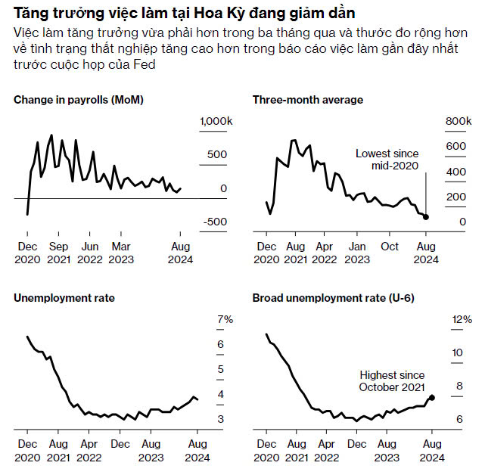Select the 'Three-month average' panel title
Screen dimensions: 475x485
308,100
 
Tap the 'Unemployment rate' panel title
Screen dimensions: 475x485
64,298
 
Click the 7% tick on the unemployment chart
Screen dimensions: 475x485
225,320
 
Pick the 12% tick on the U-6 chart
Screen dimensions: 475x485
462,320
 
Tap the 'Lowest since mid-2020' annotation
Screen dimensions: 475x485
387,160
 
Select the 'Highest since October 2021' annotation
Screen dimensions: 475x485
392,380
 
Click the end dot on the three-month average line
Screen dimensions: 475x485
425,217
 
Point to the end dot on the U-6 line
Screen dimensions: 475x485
432,397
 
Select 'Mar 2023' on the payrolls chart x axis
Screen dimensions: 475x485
120,253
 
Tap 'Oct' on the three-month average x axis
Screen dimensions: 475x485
389,247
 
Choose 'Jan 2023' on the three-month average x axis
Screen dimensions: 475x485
357,253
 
